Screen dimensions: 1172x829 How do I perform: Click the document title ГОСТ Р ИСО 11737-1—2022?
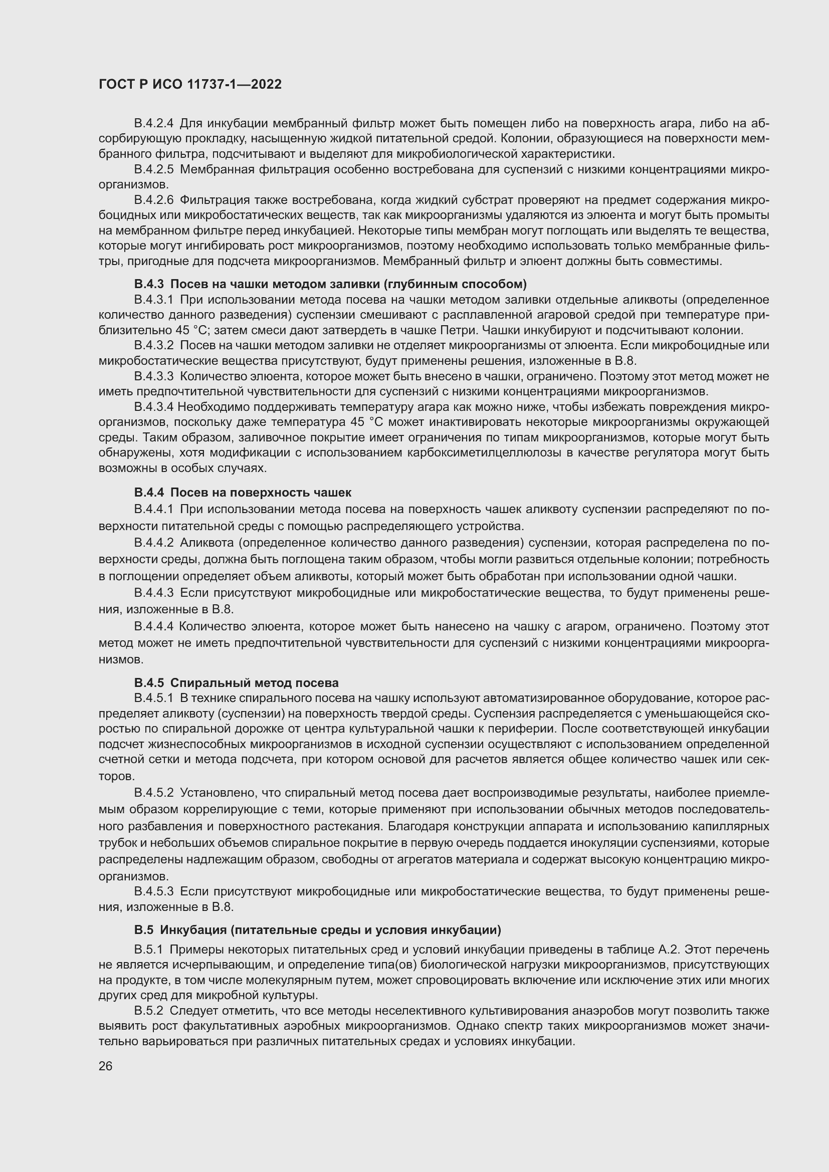[x=190, y=85]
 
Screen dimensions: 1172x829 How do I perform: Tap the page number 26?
[x=105, y=1066]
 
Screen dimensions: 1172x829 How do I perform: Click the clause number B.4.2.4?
[x=154, y=124]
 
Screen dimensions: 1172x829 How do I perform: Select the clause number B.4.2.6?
[x=154, y=199]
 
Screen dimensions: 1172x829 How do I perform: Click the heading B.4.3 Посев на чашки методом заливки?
[x=330, y=284]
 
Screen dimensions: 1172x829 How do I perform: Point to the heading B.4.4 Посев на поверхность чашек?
[x=243, y=493]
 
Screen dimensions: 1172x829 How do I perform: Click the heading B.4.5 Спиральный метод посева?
[x=237, y=683]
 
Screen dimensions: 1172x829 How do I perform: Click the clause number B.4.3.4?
[x=154, y=407]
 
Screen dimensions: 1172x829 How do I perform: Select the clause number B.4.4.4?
[x=154, y=626]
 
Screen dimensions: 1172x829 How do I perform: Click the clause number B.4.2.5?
[x=154, y=169]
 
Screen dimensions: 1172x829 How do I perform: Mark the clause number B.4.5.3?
[x=154, y=891]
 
